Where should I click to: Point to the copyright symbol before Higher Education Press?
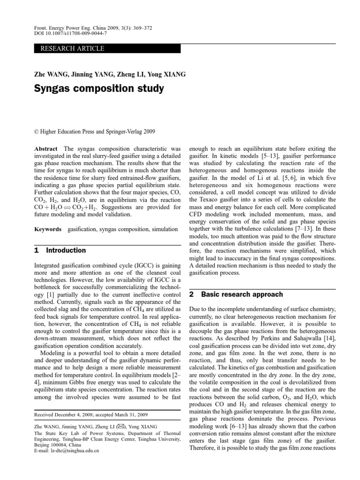click(37, 132)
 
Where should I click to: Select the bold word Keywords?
click(48, 229)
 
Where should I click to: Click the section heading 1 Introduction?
click(60, 250)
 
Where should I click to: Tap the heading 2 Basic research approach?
click(236, 294)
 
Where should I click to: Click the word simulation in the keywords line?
click(162, 229)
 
